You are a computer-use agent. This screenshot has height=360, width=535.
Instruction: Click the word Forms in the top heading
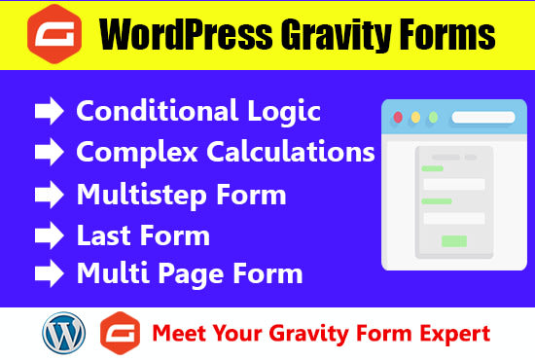point(446,37)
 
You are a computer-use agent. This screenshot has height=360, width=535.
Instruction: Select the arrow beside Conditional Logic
point(49,112)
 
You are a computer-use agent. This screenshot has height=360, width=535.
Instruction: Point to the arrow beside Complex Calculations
point(49,153)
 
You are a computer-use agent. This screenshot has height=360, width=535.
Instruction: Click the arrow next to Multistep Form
point(49,195)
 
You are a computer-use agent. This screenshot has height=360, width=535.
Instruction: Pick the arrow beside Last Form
point(49,235)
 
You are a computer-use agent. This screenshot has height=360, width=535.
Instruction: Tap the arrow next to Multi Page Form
point(49,273)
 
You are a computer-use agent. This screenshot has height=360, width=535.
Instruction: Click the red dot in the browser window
point(397,117)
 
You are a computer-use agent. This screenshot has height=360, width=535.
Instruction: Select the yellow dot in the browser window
point(416,117)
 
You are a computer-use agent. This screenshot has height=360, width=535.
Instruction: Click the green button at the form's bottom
point(453,240)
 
